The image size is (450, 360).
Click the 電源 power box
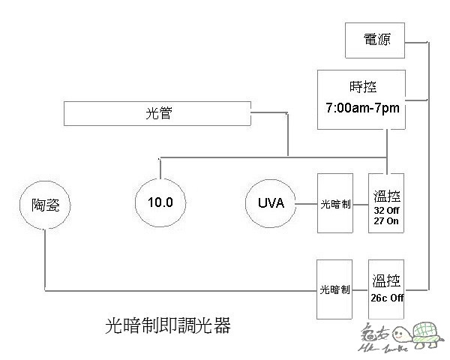(x=376, y=40)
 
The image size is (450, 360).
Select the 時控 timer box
(x=361, y=100)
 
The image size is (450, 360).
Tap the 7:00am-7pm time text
(x=361, y=109)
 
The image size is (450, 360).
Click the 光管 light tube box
(x=157, y=115)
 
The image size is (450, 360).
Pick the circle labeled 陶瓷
(x=43, y=202)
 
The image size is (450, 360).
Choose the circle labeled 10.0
(x=160, y=202)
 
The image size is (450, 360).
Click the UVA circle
(x=270, y=202)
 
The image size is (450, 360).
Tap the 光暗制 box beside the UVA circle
(x=335, y=202)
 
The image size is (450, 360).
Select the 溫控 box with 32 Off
(x=386, y=202)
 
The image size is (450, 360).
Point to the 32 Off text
(x=386, y=211)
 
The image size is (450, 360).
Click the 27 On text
(x=386, y=221)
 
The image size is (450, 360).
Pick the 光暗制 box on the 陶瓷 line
(x=335, y=289)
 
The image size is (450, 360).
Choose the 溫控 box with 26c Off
(x=386, y=289)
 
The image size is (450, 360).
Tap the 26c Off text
(x=386, y=297)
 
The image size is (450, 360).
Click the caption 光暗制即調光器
(x=168, y=326)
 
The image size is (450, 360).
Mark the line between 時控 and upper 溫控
(x=386, y=150)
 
